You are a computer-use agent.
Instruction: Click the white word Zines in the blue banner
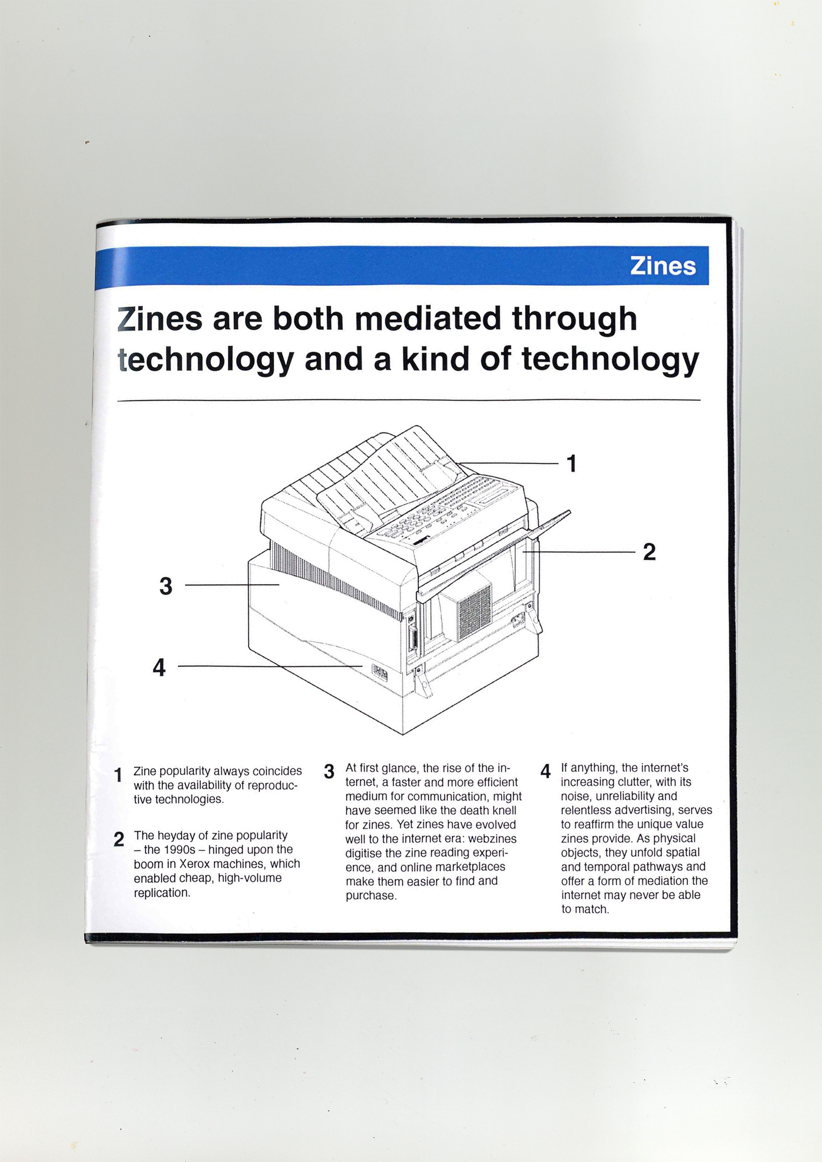point(663,266)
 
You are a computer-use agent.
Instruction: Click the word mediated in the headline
point(427,318)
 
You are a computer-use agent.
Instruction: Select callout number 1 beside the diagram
point(572,463)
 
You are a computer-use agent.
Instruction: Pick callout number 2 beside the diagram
point(649,552)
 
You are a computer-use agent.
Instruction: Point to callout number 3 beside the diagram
point(165,585)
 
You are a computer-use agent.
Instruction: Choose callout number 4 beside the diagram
point(159,667)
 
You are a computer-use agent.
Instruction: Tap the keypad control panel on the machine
point(446,511)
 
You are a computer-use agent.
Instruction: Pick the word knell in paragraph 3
point(503,810)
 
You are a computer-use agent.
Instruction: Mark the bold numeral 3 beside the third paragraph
point(329,771)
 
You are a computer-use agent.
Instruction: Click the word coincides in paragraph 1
point(277,771)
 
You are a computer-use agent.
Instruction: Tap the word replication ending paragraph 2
point(162,892)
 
